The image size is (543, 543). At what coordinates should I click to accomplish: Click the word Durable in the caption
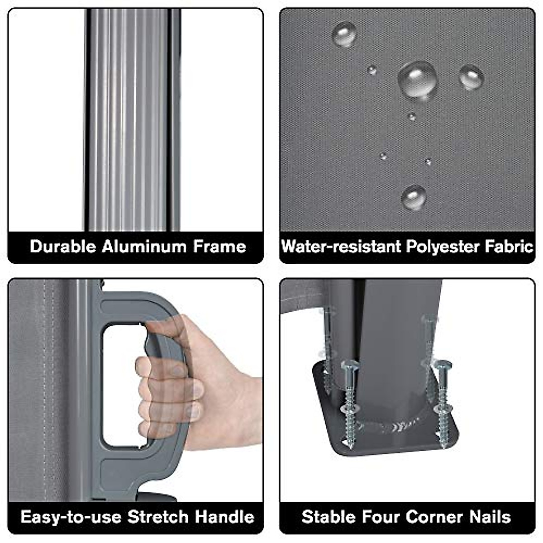(x=63, y=247)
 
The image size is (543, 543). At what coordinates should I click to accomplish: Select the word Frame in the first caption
(x=219, y=247)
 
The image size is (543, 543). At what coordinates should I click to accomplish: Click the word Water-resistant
(x=341, y=247)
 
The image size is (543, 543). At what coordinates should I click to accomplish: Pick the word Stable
(x=328, y=517)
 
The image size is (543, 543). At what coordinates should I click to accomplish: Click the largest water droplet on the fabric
(x=418, y=80)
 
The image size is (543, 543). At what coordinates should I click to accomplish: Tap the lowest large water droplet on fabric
(x=414, y=197)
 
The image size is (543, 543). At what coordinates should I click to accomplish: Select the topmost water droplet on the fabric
(x=344, y=34)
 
